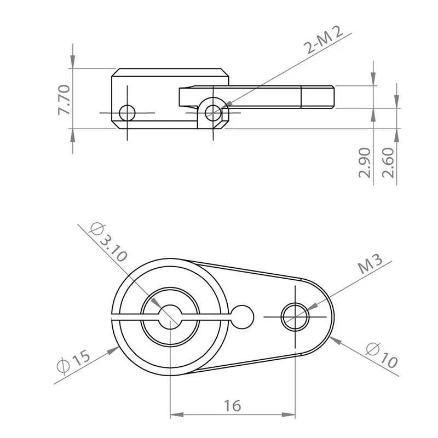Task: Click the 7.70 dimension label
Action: coord(64,99)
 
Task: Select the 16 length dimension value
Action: coord(232,406)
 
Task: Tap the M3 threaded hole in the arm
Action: coord(295,316)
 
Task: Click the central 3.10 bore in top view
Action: coord(170,316)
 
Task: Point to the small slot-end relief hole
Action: coord(243,316)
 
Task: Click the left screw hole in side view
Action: coord(127,113)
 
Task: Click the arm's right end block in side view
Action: coord(317,97)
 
